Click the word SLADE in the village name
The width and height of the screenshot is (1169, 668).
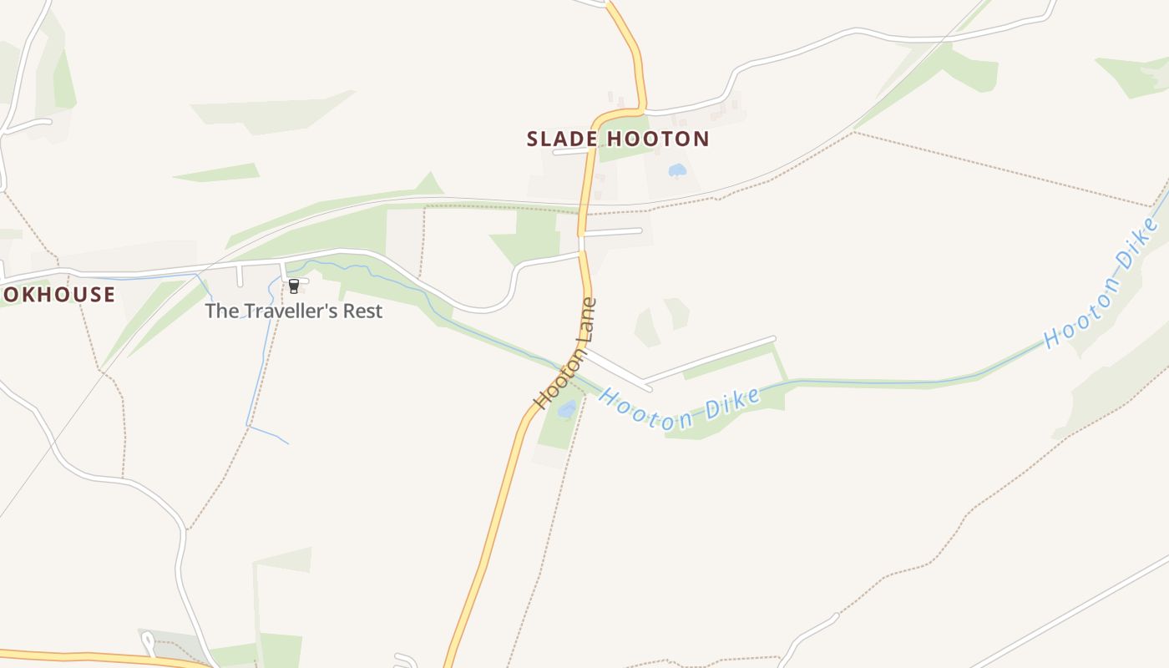tap(559, 139)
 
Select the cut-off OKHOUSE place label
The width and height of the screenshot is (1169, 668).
tap(58, 294)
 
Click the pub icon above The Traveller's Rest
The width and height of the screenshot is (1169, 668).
tap(294, 286)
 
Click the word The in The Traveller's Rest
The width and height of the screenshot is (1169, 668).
tap(221, 311)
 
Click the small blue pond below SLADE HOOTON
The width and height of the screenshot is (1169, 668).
tap(677, 170)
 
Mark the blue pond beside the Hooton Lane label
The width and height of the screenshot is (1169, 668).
tap(567, 408)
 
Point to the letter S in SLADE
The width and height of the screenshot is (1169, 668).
tap(534, 139)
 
